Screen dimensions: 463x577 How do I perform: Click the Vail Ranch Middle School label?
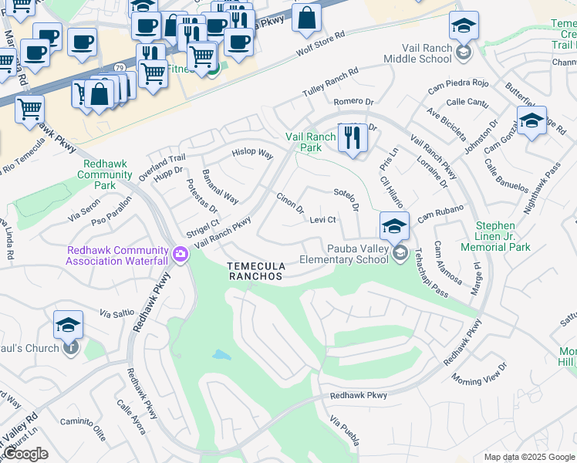(417, 52)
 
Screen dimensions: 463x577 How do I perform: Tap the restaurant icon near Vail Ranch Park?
(353, 138)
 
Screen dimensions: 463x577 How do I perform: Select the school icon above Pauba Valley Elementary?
(394, 226)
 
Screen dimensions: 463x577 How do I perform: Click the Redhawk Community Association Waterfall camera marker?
(181, 254)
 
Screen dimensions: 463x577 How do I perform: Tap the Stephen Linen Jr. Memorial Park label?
(495, 236)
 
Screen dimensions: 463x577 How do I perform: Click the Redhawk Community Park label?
(104, 174)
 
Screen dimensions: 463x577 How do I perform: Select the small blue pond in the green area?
(221, 356)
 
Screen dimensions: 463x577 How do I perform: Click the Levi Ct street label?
(322, 220)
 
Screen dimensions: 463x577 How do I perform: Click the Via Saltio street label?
(117, 313)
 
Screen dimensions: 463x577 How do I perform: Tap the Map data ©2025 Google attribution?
(528, 457)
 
